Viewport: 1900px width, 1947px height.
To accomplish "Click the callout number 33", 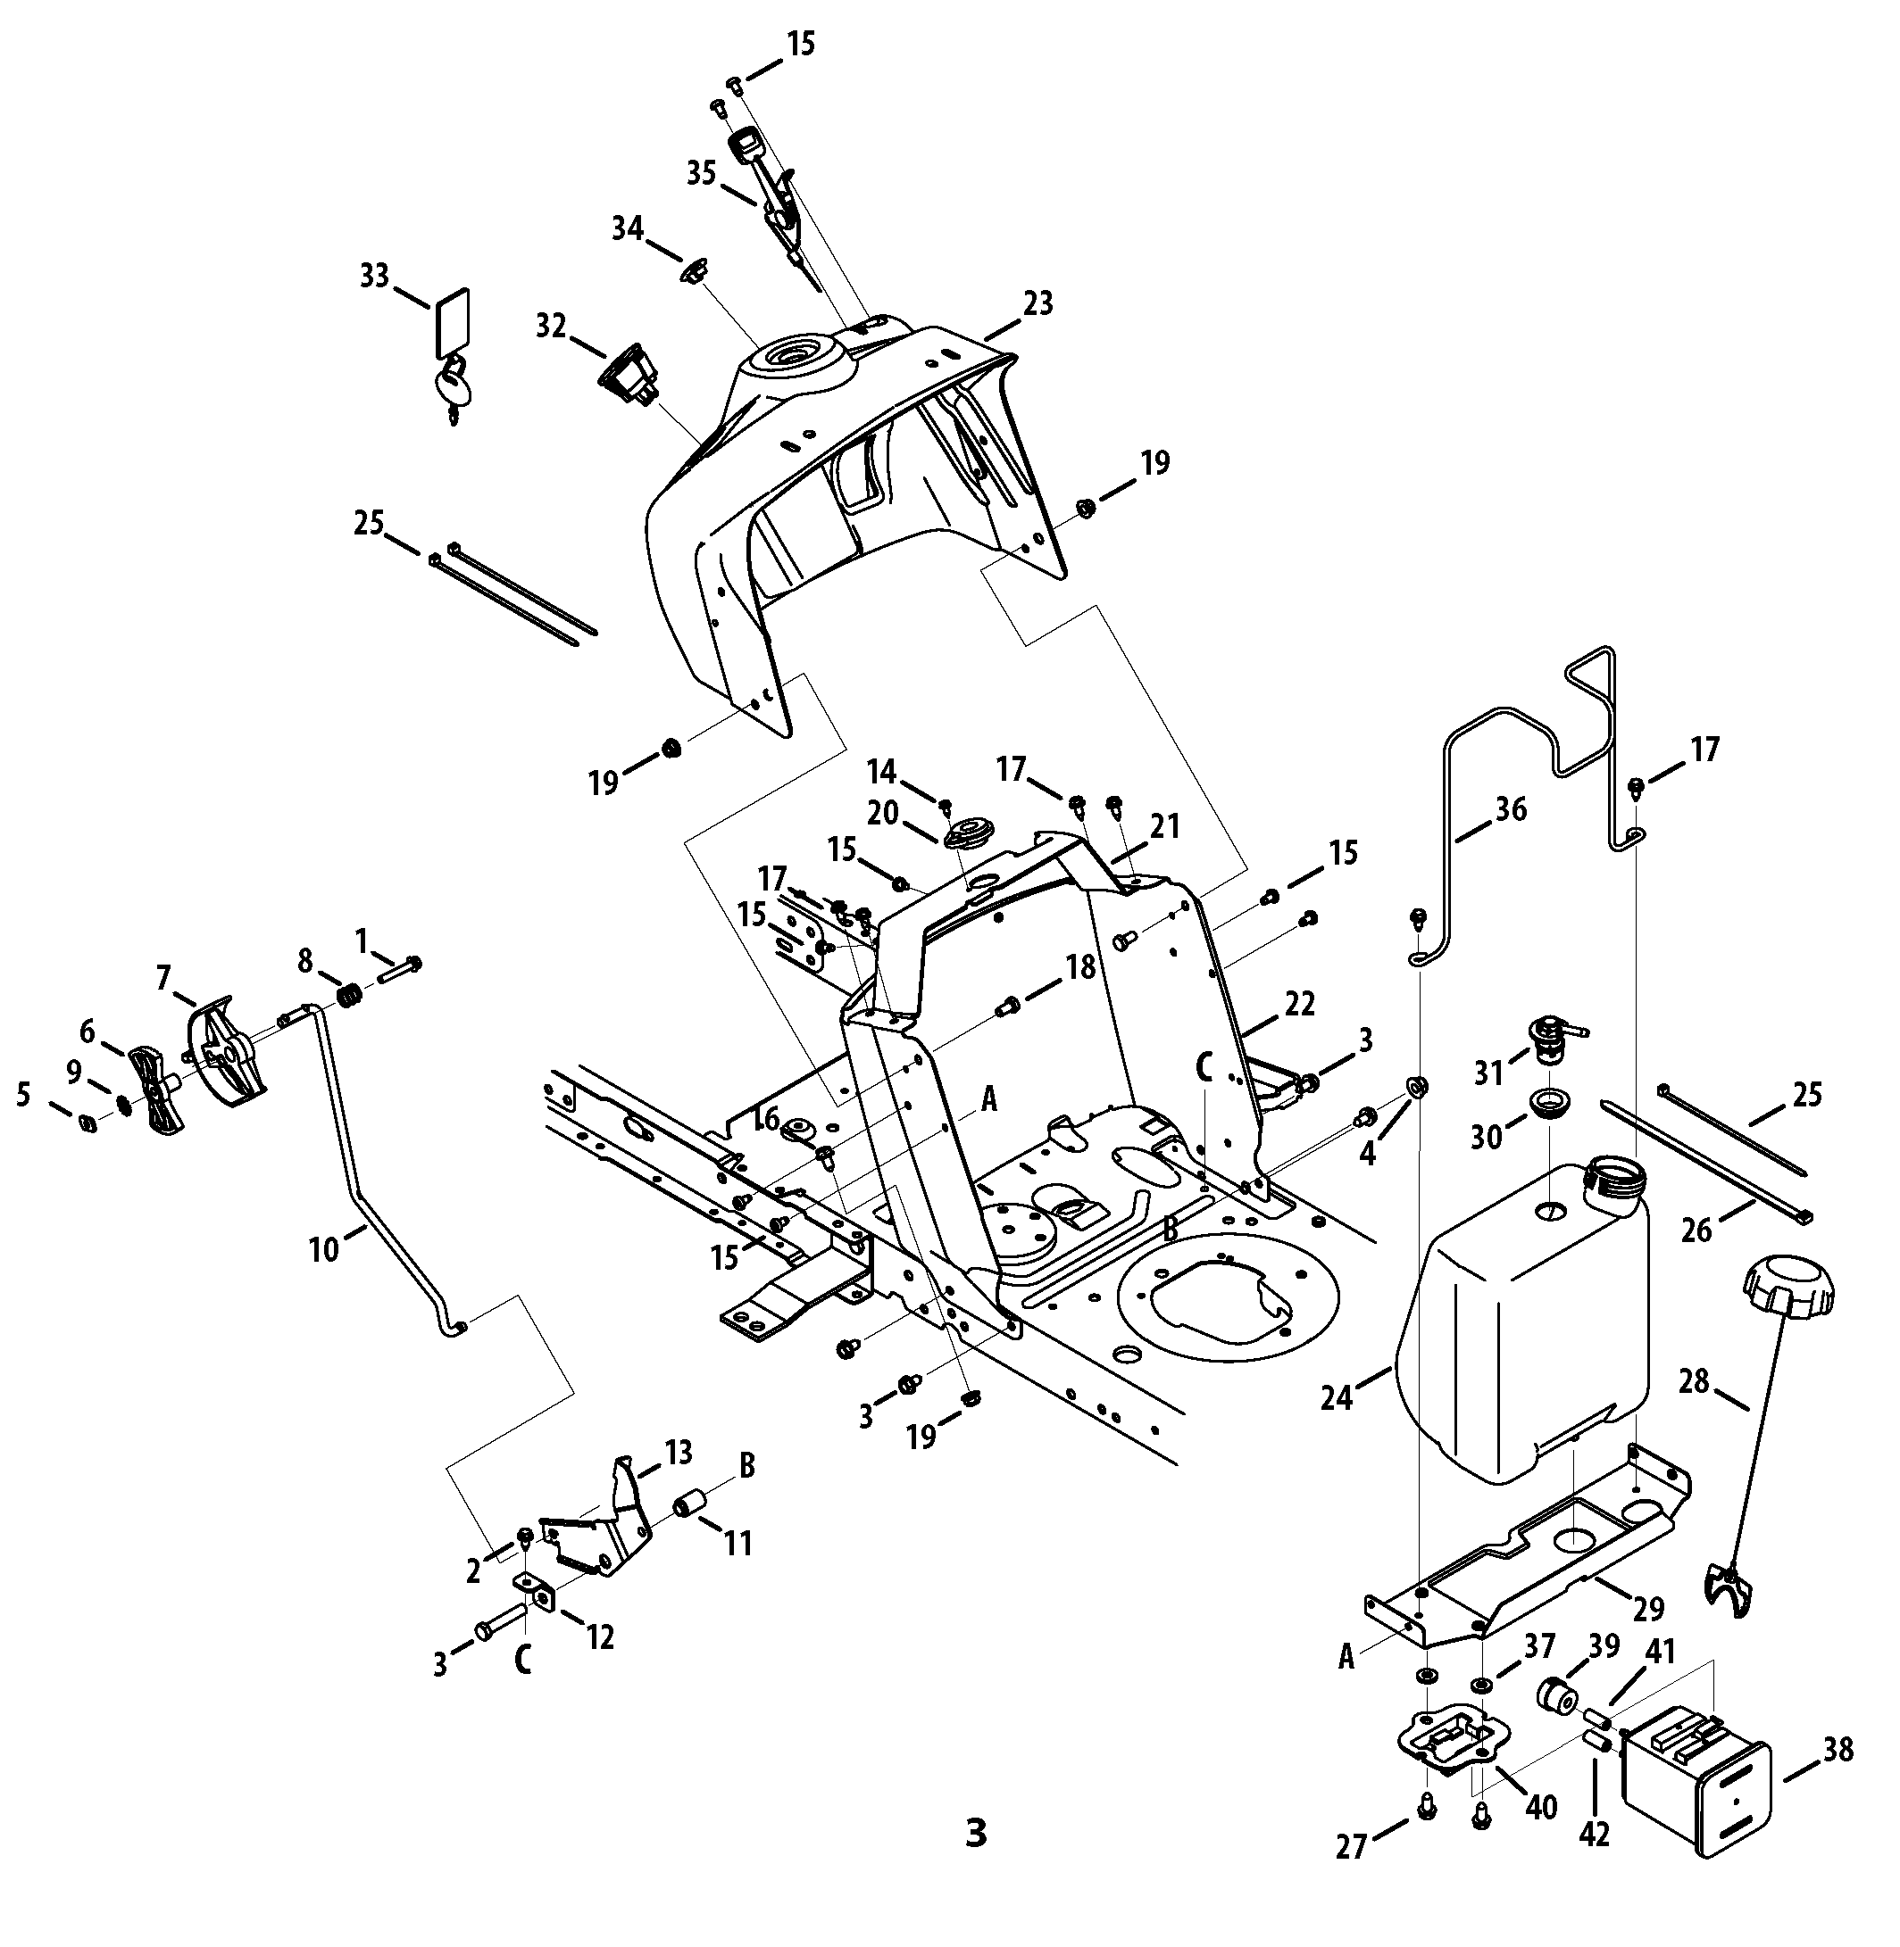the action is (x=374, y=276).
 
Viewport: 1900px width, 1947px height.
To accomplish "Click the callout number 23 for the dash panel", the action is (x=1037, y=303).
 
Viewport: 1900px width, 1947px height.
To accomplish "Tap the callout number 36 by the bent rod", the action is (x=1512, y=809).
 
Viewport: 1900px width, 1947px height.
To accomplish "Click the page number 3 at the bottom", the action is (x=976, y=1834).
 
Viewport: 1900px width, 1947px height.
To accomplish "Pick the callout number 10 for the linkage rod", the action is (x=324, y=1249).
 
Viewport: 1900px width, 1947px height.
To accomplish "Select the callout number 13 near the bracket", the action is (x=679, y=1454).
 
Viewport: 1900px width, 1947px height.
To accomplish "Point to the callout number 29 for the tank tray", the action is (x=1648, y=1609).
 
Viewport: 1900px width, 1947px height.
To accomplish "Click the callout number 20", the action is (x=883, y=814).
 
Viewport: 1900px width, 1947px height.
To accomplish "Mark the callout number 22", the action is (x=1300, y=1005).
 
